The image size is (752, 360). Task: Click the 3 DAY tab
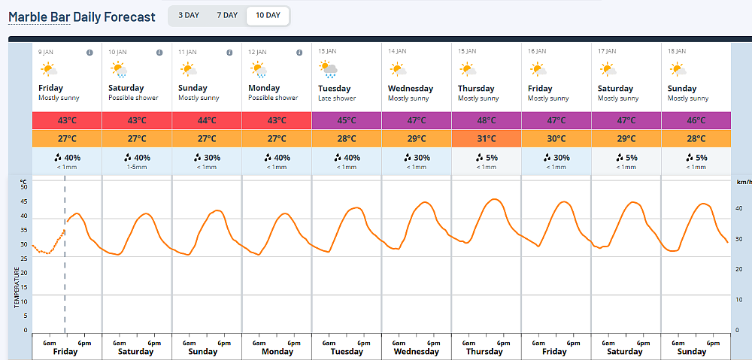point(189,15)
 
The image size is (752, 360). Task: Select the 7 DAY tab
point(227,15)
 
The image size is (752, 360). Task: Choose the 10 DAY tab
point(268,15)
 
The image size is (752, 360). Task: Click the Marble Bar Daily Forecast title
point(82,17)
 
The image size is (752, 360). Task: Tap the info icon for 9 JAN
point(89,53)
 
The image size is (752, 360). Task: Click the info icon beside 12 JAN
point(299,53)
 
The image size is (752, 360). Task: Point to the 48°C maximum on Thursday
point(487,120)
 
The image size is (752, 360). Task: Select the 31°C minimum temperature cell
point(487,138)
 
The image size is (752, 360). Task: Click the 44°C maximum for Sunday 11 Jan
point(207,120)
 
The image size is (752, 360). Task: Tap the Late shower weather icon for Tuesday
point(329,69)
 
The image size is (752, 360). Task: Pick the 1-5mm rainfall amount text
point(137,167)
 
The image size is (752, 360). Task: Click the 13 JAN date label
point(328,52)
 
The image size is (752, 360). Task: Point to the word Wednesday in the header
point(411,89)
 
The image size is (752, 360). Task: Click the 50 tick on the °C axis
point(24,187)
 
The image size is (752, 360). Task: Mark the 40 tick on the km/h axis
point(739,208)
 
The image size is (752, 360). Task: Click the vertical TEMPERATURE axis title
point(17,288)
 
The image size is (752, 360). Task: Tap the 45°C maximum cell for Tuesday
point(347,120)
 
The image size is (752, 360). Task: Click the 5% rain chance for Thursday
point(487,157)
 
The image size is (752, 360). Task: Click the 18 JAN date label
point(678,52)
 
